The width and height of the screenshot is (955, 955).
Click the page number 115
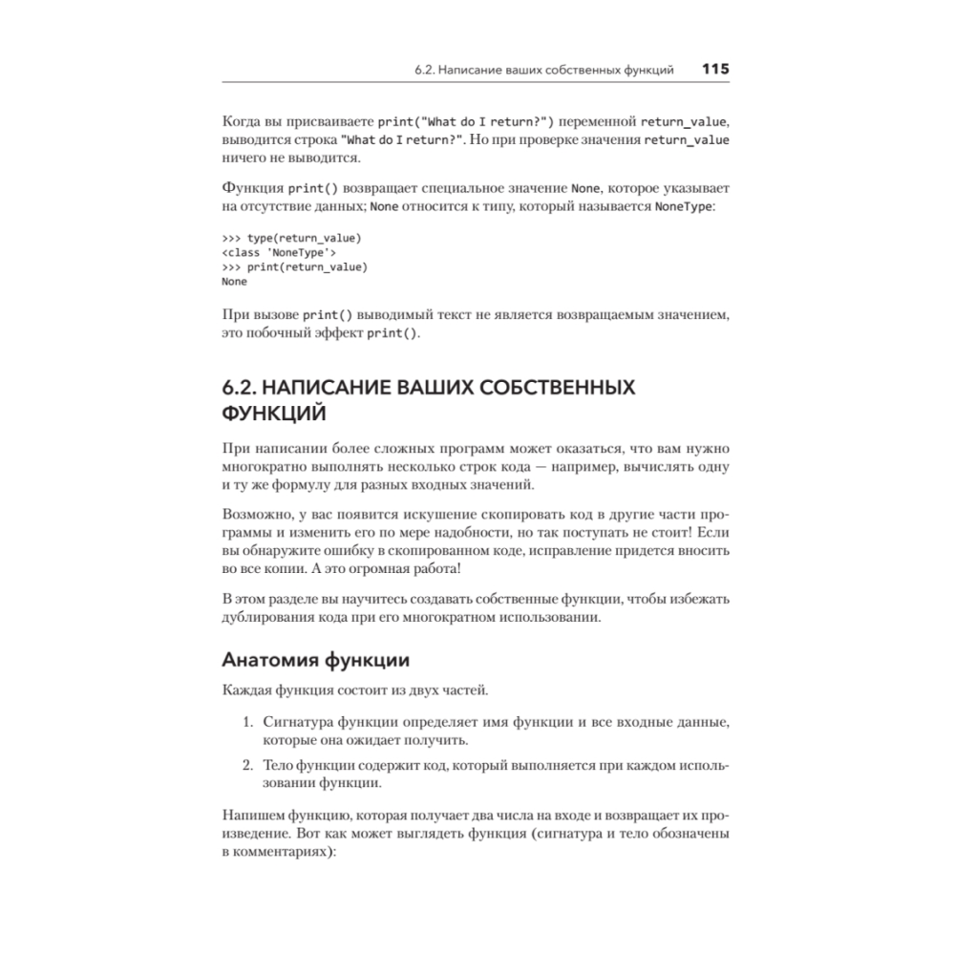(x=715, y=69)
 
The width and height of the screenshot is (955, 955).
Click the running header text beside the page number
(x=544, y=70)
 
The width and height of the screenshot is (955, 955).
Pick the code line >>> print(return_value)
(x=293, y=266)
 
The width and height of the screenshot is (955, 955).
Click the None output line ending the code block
(x=234, y=282)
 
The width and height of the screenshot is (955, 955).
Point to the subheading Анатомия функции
(x=315, y=660)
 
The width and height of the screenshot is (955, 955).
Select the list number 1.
(x=244, y=718)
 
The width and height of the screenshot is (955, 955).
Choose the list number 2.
(x=244, y=764)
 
